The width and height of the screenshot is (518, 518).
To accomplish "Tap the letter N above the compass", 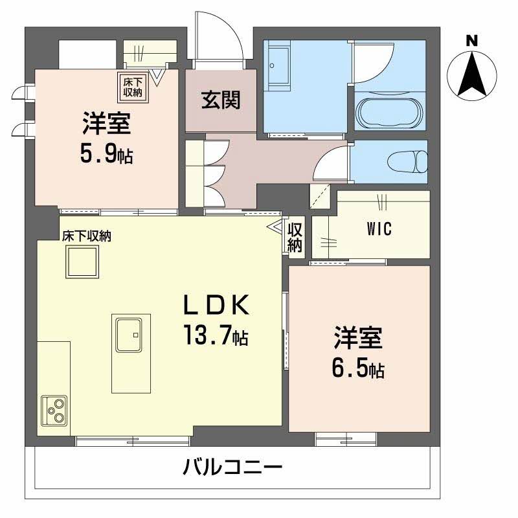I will (472, 41).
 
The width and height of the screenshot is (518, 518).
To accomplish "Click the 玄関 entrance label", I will (221, 100).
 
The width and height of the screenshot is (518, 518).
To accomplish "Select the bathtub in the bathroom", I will (390, 114).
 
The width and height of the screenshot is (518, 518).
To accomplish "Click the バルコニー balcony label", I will (232, 466).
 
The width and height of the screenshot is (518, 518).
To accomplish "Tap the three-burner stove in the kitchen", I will (54, 409).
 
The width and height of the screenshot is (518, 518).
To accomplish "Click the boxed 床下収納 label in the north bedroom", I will (132, 88).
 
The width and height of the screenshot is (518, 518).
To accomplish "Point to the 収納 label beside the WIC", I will (295, 237).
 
